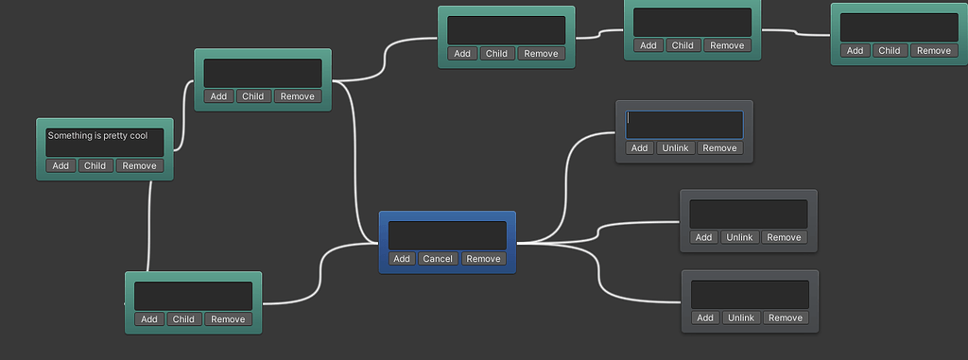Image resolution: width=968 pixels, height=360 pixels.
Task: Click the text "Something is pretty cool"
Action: [98, 136]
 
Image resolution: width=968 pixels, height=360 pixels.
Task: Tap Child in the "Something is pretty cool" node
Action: [95, 166]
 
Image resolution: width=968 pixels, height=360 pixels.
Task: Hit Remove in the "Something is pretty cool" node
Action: [139, 166]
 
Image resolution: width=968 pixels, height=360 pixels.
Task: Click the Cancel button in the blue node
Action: [438, 259]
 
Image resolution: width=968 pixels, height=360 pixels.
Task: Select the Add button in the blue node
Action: [402, 259]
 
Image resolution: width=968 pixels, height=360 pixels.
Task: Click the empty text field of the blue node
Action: [447, 235]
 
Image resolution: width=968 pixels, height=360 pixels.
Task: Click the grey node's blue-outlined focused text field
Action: [684, 125]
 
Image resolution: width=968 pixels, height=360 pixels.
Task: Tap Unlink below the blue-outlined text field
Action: [676, 148]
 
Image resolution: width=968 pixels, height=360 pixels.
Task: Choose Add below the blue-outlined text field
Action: [639, 148]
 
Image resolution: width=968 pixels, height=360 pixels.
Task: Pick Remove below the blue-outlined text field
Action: [719, 148]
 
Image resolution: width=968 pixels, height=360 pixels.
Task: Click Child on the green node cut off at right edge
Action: [889, 51]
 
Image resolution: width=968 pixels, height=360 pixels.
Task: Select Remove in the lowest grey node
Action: [786, 318]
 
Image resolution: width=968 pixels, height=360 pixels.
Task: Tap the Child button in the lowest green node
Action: [183, 319]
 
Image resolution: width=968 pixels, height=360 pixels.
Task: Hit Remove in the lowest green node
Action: [228, 319]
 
